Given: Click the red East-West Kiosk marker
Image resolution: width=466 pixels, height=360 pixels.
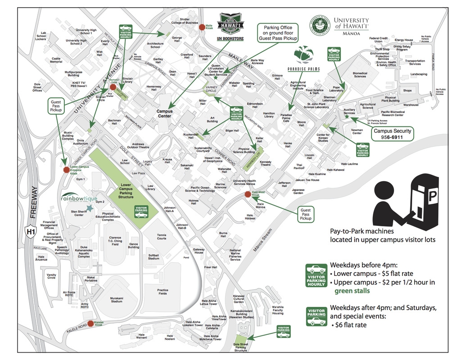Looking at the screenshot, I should coord(248,194).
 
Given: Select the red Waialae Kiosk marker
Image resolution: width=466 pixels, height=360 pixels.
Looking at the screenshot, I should coord(90,323).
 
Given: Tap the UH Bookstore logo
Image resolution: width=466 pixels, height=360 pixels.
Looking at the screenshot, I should coord(231,27).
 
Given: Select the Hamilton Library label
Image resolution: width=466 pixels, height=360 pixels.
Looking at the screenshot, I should coord(269,115).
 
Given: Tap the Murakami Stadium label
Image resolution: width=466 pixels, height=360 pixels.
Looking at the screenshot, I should coord(116,299).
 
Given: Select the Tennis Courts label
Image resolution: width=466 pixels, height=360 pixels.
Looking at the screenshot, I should coord(161,236).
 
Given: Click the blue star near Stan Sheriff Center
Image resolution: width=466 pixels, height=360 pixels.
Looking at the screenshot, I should coord(90,207).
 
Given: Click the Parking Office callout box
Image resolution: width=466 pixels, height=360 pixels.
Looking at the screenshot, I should coord(278,33).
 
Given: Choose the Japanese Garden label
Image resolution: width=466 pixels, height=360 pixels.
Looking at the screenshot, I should coord(299,191).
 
